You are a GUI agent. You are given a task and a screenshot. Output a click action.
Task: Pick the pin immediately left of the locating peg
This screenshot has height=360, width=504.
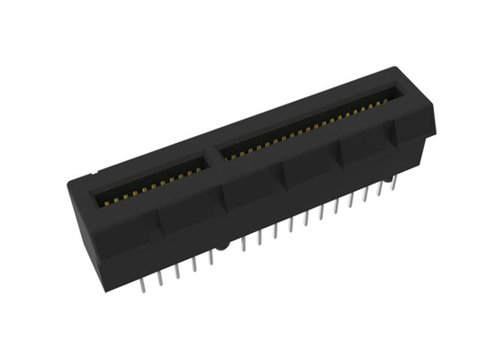(x=211, y=256)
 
